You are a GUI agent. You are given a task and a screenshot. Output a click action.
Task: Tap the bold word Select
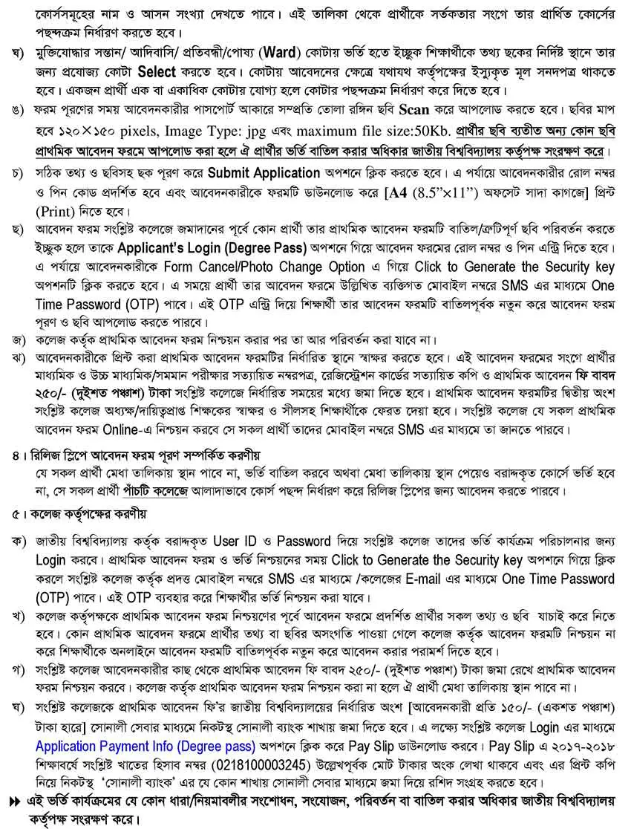(155, 72)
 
